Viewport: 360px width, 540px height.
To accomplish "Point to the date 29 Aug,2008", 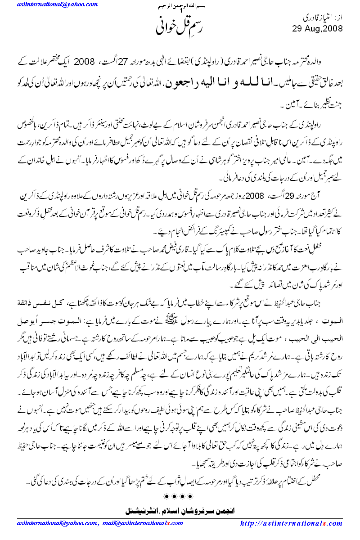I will pyautogui.click(x=318, y=28).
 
